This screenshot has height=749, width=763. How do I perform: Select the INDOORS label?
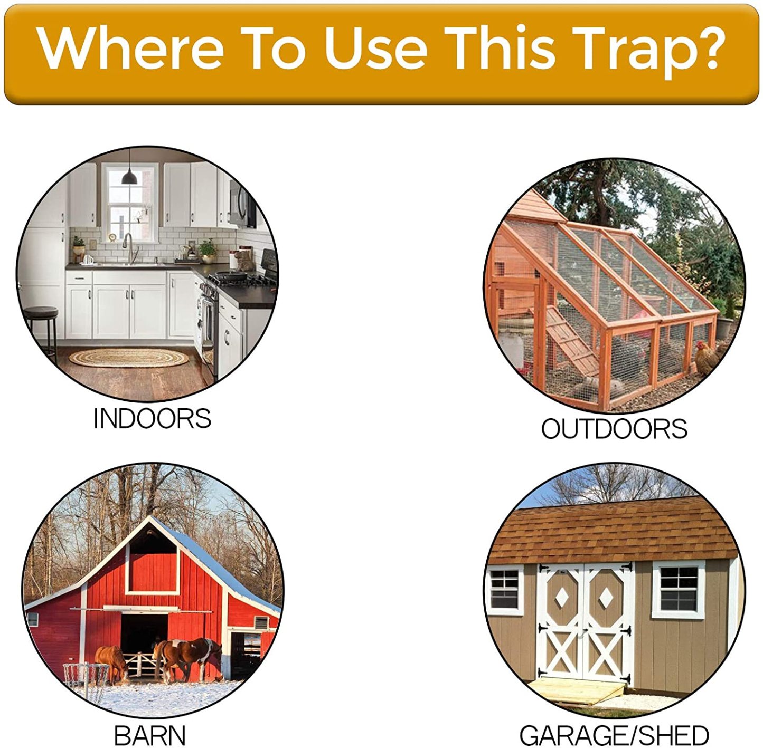152,419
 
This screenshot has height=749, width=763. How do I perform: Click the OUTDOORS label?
614,428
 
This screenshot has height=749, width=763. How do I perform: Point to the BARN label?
150,735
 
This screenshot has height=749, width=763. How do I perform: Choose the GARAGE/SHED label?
614,735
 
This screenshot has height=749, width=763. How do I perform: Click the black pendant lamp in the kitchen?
129,177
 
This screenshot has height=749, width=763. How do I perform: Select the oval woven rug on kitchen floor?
129,358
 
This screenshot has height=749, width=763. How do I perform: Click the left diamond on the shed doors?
561,597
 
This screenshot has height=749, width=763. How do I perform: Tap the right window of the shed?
679,589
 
